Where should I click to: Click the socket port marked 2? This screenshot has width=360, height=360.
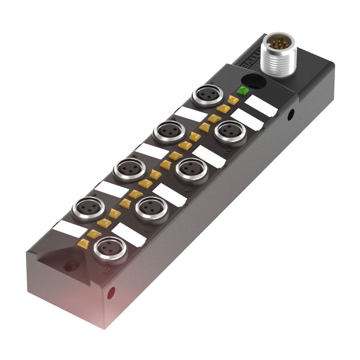[x=230, y=131]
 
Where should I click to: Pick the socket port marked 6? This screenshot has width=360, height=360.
[x=151, y=208]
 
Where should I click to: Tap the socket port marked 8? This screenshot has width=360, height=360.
[x=109, y=249]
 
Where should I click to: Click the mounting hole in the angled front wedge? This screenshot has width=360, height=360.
[x=67, y=267]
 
